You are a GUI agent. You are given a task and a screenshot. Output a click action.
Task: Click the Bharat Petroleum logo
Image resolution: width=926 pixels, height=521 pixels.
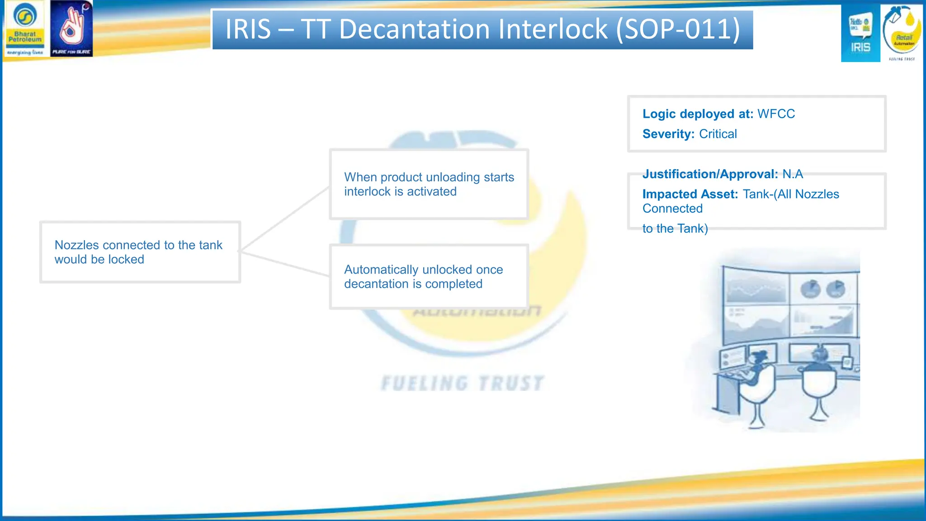pos(25,28)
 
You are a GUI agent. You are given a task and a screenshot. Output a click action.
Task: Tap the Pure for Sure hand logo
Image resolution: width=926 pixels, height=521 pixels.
pos(71,28)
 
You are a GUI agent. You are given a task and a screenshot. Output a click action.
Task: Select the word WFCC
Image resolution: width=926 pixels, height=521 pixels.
pos(776,114)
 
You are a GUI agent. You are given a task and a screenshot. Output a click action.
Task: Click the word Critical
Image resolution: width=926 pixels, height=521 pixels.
pos(718,134)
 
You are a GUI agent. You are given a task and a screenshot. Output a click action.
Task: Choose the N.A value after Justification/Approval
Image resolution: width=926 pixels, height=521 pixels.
pos(793,174)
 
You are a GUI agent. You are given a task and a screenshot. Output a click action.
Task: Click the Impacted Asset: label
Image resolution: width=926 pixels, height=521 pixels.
pos(690,194)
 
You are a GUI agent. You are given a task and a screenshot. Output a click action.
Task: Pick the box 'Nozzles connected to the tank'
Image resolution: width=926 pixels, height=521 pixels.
pos(140,252)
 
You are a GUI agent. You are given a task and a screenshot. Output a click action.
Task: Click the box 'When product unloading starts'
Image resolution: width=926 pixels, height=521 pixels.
pos(429,184)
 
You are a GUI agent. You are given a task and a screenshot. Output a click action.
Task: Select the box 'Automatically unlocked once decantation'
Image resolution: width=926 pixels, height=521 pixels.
pos(429,276)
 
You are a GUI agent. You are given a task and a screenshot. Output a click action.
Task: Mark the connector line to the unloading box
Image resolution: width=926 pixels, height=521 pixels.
pos(285,219)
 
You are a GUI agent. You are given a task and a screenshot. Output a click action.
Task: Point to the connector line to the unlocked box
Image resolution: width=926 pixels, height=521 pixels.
pos(285,263)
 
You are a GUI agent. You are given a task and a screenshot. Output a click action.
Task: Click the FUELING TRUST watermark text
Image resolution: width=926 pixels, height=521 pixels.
pos(462,384)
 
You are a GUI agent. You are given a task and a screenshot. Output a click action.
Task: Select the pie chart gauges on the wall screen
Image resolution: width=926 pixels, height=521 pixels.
pos(823,289)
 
